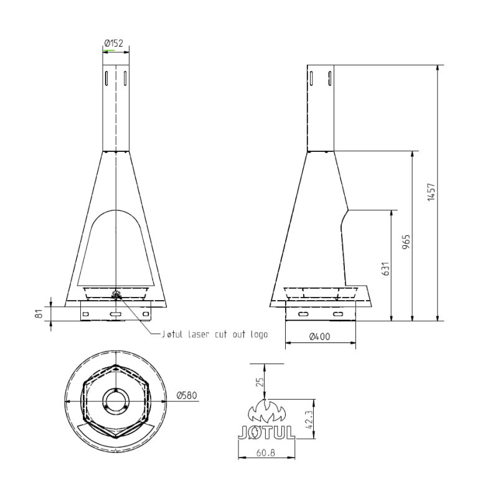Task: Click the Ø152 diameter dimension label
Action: point(115,43)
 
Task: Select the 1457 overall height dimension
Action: point(430,192)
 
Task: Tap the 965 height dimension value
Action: point(405,242)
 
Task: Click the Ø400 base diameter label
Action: point(320,336)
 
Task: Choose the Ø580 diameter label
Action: point(187,395)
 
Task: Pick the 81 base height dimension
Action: point(39,314)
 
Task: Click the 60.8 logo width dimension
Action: point(266,453)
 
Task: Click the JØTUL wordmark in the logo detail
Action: point(266,431)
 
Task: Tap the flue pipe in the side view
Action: point(320,109)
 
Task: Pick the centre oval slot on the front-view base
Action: point(116,315)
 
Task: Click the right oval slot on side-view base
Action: point(338,315)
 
